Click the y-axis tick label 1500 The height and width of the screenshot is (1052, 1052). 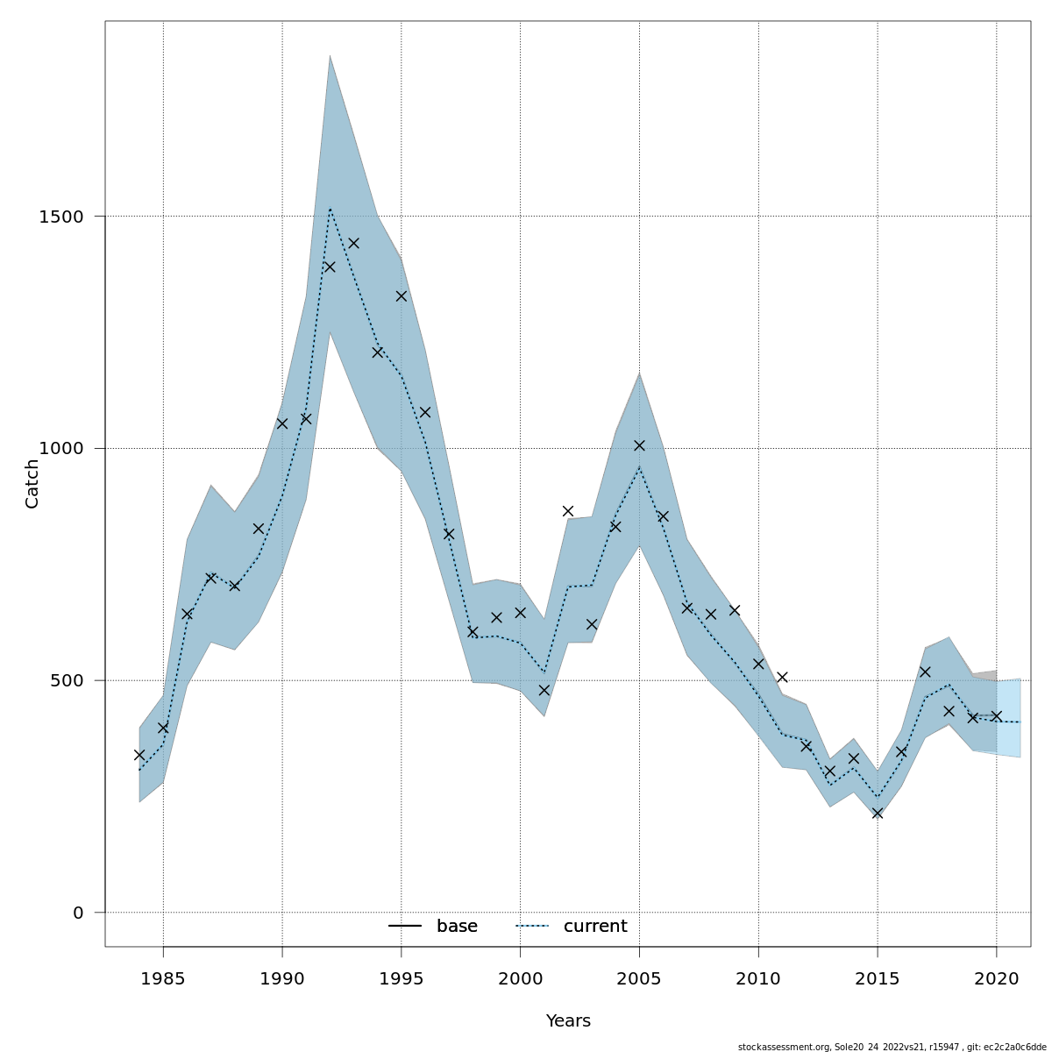coord(60,217)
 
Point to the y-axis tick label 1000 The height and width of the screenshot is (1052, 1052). coord(60,449)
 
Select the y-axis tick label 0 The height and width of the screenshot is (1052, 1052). coord(78,913)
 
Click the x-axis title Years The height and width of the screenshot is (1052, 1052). coord(568,1021)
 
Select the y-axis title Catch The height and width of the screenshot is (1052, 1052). coord(32,483)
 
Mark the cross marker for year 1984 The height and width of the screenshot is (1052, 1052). coord(139,755)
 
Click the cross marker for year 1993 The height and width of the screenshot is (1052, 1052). coord(353,243)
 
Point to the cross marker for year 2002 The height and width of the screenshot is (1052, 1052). coord(568,511)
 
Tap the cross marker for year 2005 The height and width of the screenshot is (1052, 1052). coord(639,445)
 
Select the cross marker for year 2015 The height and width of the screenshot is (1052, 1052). coord(878,814)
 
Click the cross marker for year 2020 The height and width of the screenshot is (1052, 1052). coord(996,716)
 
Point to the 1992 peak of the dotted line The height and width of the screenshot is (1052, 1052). coord(330,208)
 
